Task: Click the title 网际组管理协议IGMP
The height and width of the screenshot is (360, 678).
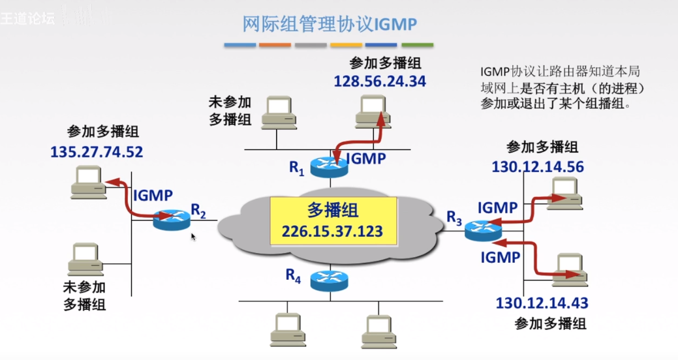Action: [330, 24]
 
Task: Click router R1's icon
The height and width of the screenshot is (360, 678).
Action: [330, 168]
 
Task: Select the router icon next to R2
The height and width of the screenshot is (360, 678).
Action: [172, 220]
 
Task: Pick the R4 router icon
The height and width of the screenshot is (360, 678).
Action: [329, 280]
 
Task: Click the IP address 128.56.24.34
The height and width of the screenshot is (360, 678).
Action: [380, 82]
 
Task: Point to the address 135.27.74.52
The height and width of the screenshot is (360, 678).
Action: [97, 152]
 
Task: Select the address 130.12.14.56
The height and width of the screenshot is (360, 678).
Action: [538, 166]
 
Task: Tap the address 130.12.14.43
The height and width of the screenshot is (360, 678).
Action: [542, 303]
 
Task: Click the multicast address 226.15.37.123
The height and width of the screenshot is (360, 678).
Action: [332, 232]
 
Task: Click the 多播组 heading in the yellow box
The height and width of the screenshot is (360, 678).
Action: [332, 211]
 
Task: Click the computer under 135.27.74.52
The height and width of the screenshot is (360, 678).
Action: [88, 181]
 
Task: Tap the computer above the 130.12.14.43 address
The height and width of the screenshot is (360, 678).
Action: [568, 270]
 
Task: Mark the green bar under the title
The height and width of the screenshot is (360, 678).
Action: [417, 46]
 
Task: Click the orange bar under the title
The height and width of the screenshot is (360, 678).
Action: [275, 46]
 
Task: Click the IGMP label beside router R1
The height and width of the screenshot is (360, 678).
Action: [365, 158]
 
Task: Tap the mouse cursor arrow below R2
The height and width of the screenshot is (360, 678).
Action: [193, 236]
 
